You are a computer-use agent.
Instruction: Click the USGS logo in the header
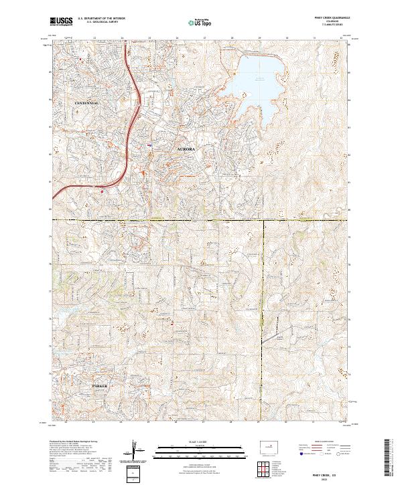pos(61,22)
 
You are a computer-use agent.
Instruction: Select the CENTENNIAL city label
pos(86,103)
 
